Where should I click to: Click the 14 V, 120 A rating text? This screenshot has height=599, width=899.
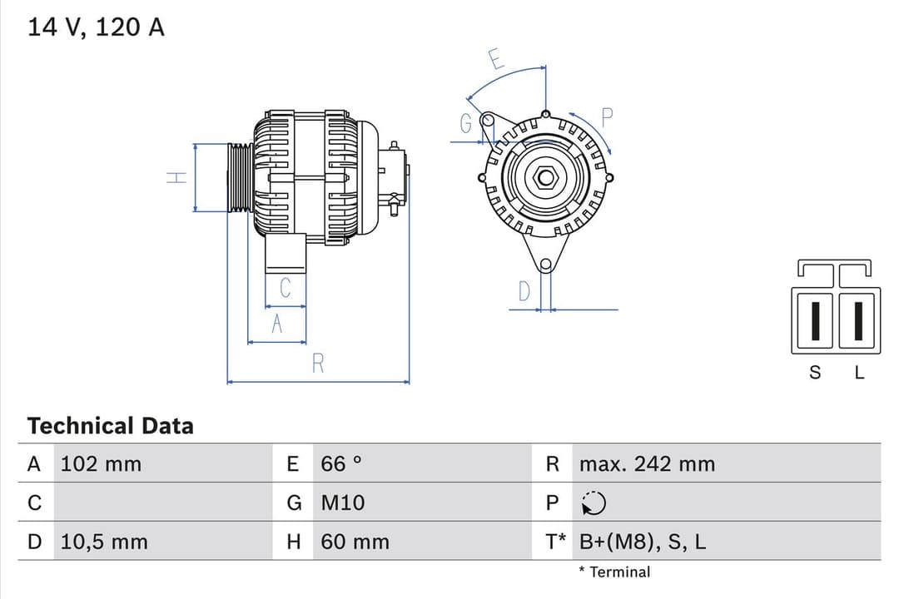tap(97, 27)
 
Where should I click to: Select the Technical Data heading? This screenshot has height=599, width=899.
tap(110, 426)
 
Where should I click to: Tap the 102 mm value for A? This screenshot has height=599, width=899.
tap(101, 464)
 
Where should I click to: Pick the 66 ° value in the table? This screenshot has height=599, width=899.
tap(341, 464)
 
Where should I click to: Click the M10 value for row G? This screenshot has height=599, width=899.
tap(343, 503)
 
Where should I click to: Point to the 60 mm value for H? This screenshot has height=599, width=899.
tap(355, 542)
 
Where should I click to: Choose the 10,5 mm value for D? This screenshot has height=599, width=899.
tap(104, 542)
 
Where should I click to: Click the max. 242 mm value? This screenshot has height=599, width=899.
tap(647, 464)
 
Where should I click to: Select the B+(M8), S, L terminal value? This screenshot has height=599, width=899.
tap(643, 542)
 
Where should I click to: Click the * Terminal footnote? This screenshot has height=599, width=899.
tap(614, 572)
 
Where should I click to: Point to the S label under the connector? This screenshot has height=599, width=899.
tap(815, 374)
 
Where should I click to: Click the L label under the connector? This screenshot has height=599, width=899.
tap(860, 374)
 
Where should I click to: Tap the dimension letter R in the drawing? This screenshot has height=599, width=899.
tap(317, 364)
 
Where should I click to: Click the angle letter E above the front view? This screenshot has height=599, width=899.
tap(496, 60)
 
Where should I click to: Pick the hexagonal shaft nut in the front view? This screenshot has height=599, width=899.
tap(545, 177)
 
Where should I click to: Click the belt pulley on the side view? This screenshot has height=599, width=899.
tap(240, 177)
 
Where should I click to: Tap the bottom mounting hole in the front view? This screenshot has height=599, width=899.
tap(545, 265)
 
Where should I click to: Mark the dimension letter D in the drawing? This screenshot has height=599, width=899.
tap(524, 292)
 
